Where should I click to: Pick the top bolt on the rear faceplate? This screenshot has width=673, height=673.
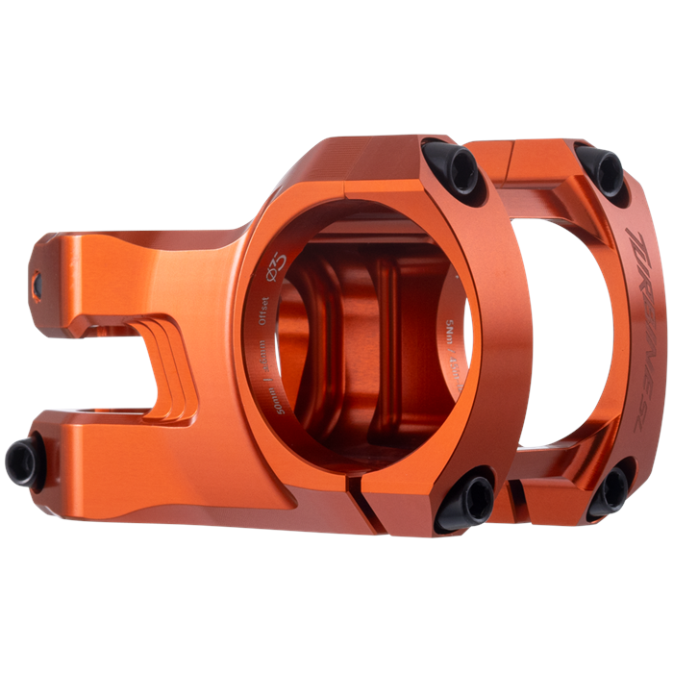pos(603,170)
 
